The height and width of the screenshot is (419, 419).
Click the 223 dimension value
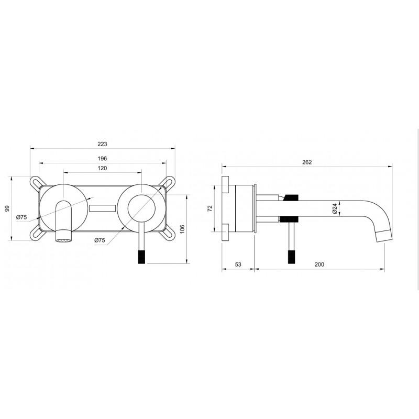[102, 144]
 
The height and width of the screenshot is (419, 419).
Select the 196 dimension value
[102, 159]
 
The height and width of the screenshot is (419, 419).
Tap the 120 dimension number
[102, 168]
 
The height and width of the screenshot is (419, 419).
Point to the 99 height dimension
[7, 208]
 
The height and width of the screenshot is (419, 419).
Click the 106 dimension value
[182, 229]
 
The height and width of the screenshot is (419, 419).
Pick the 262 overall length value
[307, 162]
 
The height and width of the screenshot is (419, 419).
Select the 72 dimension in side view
[210, 208]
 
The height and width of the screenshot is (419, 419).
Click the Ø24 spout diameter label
[335, 208]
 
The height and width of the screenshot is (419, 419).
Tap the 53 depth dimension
[238, 264]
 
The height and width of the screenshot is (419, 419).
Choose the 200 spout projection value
[319, 264]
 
